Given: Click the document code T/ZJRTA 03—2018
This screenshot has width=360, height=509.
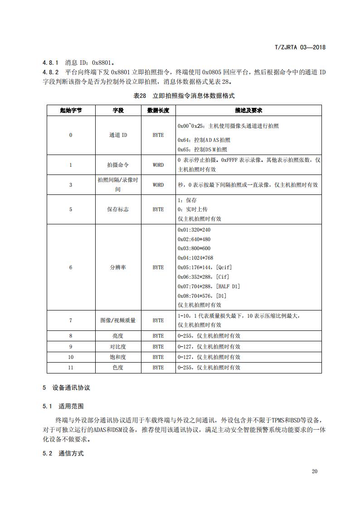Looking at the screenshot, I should point(301,47).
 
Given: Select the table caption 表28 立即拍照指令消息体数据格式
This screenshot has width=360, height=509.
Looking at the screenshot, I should point(184,96).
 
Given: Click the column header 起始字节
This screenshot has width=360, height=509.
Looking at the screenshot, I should point(70,111).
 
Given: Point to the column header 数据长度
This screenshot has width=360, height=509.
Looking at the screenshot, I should point(158,111).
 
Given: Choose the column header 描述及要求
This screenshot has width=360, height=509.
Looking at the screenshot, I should point(248,111).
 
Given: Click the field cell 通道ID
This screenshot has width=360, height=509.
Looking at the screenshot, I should point(118,135).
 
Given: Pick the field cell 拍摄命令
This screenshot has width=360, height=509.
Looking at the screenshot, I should point(118,165).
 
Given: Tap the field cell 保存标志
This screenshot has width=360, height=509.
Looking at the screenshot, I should point(118,209).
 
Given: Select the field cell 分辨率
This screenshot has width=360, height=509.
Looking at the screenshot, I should point(118,267).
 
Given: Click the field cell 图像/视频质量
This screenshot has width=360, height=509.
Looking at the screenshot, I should point(118,320).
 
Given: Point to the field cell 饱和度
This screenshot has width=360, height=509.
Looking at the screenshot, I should point(118,357).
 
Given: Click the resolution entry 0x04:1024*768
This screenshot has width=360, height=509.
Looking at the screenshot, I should point(200,258).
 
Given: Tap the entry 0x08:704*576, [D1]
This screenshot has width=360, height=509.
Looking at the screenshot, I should point(204,296).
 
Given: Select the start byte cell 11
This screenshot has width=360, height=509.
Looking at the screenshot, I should point(70,368).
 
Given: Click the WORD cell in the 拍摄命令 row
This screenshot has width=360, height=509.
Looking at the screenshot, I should point(158,165).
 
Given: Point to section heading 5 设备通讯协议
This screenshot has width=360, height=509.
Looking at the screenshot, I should point(66,388).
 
